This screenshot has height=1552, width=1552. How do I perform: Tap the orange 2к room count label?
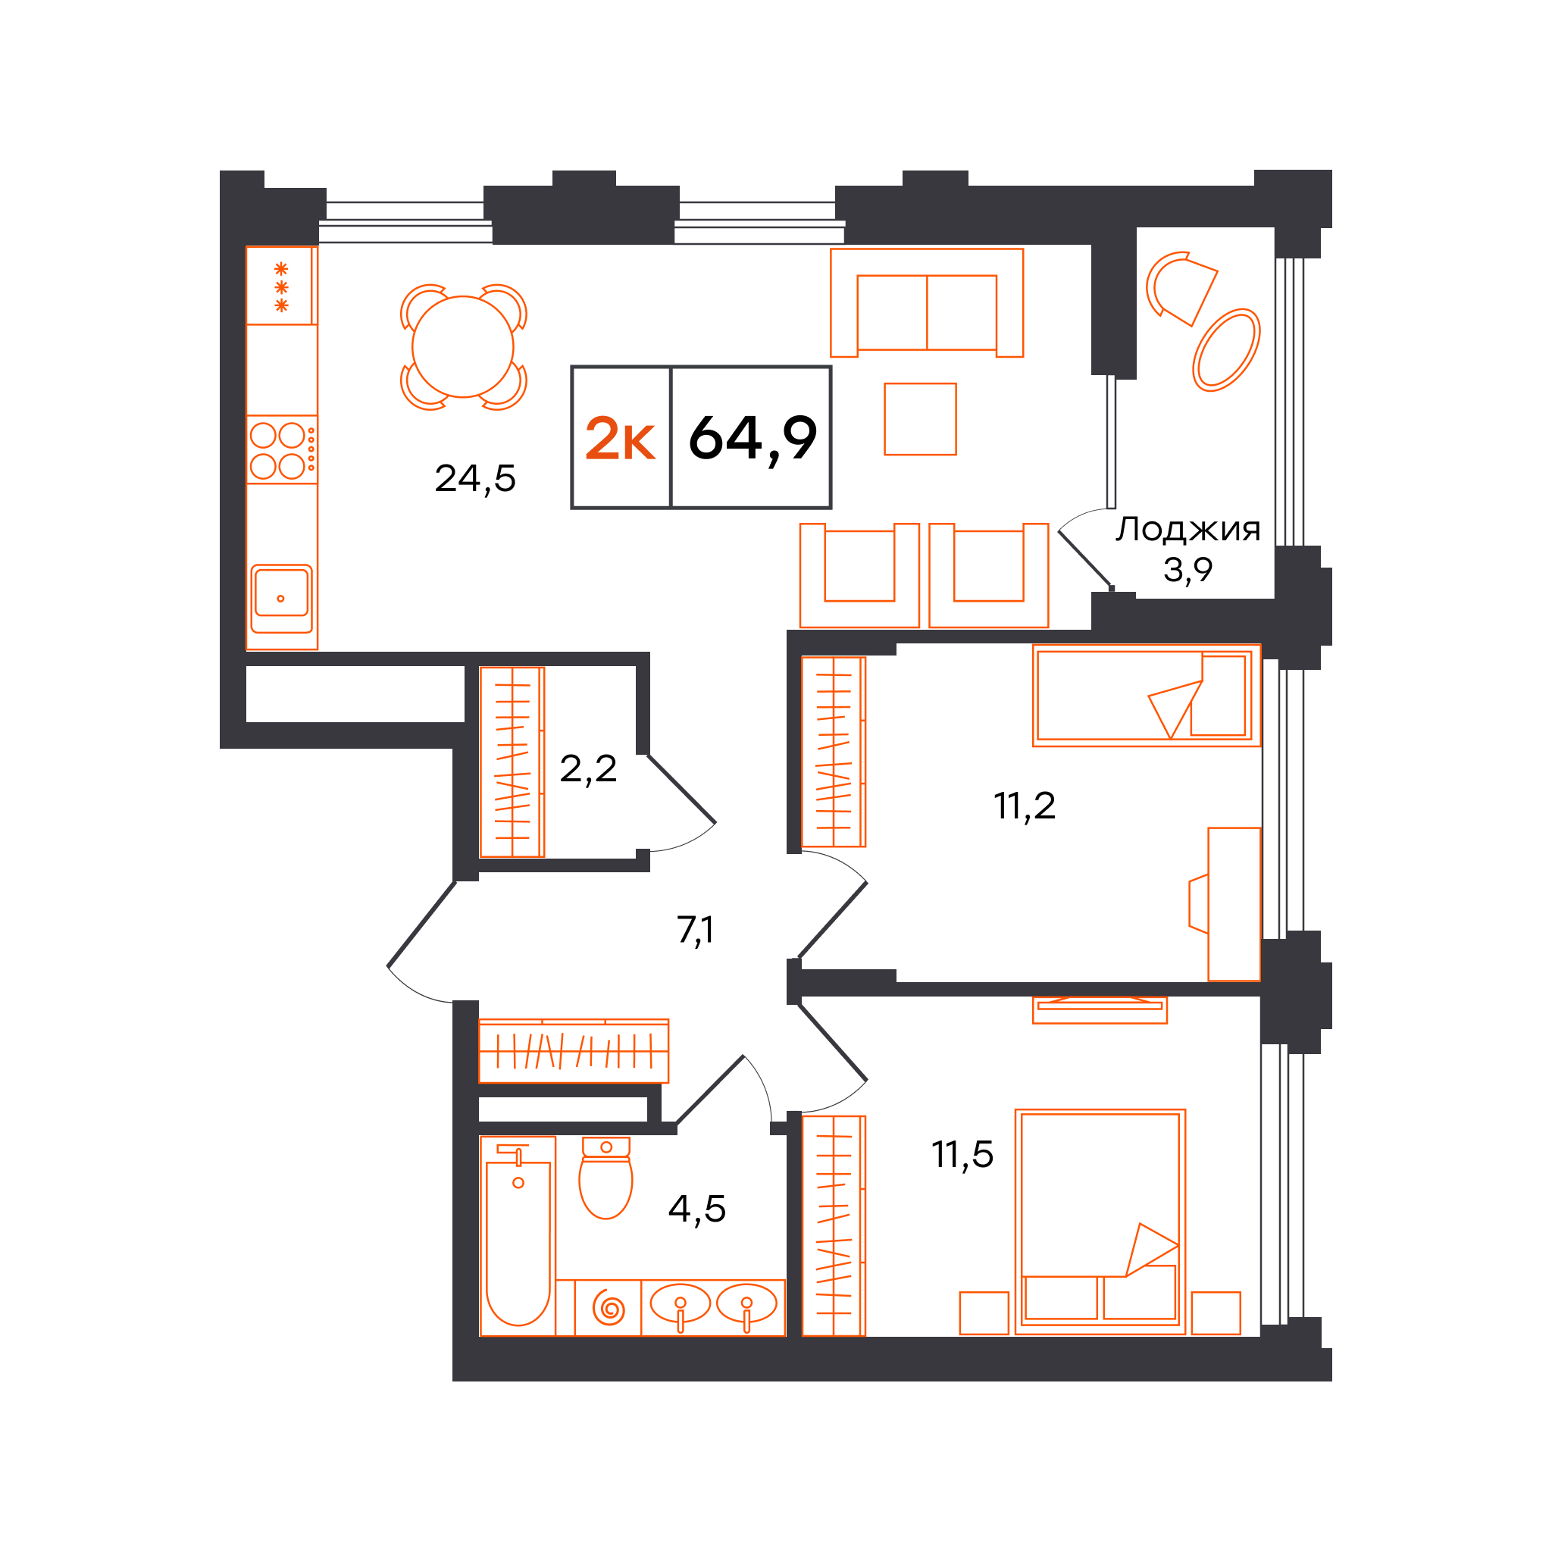coord(620,440)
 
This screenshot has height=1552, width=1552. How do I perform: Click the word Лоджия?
coord(1188,530)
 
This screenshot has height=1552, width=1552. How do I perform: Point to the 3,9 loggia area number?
coord(1187,571)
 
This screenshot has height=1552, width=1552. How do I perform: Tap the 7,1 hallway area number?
coord(695,931)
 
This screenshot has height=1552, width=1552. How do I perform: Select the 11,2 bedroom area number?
coord(1025,806)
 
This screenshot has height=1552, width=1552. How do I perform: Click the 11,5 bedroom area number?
coord(962,1155)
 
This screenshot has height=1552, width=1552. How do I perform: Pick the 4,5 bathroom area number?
coord(697,1209)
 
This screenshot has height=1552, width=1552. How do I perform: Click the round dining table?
coord(463,347)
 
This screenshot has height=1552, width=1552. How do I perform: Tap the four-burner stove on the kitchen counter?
coord(281,450)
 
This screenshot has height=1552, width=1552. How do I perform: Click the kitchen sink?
coord(281,599)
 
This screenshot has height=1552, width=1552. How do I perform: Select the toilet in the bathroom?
coord(605,1178)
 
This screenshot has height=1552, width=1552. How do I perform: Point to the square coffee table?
coord(921,419)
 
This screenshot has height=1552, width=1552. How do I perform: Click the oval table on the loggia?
coord(1226,350)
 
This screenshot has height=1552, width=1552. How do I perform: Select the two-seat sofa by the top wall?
coord(927,303)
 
